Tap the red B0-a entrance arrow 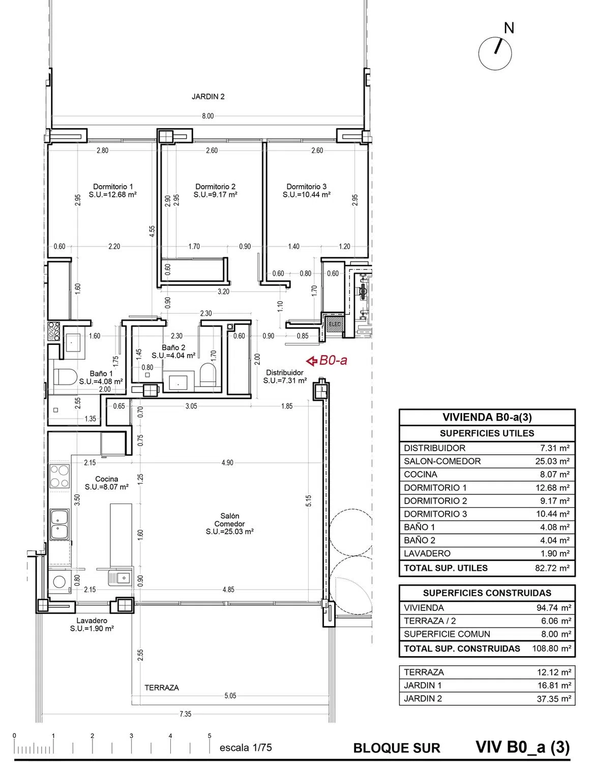[311, 361]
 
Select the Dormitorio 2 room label [215, 187]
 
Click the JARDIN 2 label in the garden [208, 97]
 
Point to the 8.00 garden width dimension [207, 116]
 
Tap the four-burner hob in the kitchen [59, 477]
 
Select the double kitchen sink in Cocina [59, 524]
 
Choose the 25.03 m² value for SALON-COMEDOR [552, 461]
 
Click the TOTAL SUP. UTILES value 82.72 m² [552, 568]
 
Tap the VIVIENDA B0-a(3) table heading [487, 417]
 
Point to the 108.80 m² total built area [551, 648]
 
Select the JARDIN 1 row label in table [423, 685]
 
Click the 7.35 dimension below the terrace [185, 714]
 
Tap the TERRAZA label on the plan [162, 688]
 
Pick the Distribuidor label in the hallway [285, 372]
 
